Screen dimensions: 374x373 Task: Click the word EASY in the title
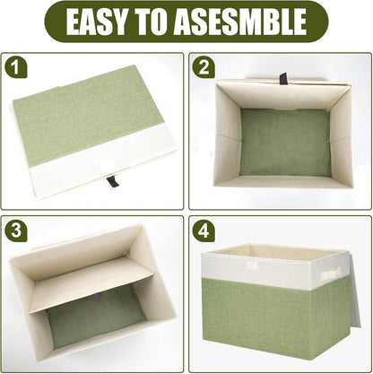[x=100, y=22]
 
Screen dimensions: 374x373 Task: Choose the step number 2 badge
[x=204, y=68]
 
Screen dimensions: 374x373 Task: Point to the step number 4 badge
[x=204, y=230]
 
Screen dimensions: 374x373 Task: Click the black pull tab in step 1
[x=112, y=181]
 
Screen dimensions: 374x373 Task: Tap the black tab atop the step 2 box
[x=283, y=78]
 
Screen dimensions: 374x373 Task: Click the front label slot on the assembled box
[x=252, y=266]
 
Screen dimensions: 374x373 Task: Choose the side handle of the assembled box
[x=330, y=272]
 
